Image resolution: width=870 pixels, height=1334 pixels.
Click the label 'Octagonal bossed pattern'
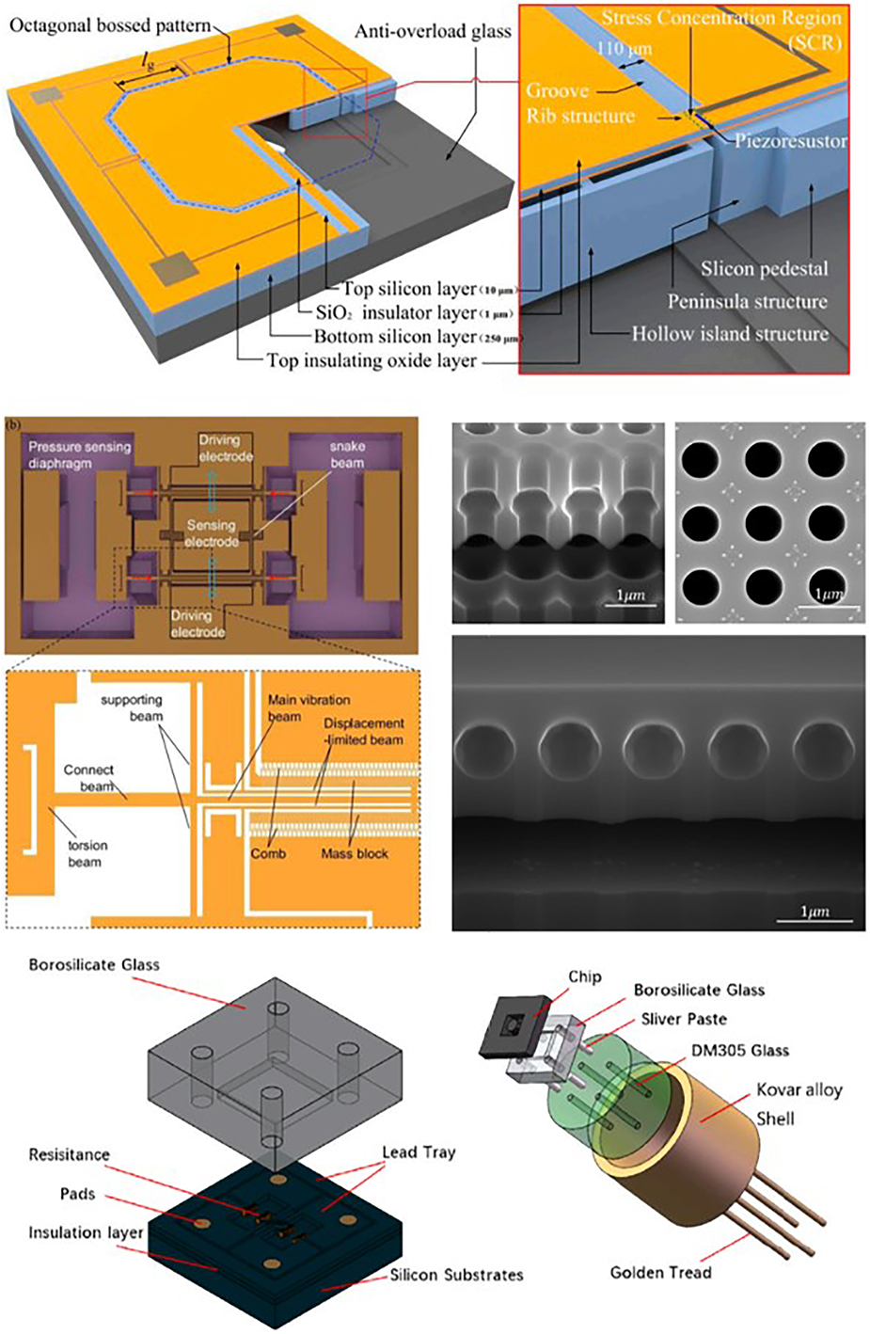110,25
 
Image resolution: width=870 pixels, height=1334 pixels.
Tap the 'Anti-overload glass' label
433,32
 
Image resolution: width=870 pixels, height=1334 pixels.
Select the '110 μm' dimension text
624,49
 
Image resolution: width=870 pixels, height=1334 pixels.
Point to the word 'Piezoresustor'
791,141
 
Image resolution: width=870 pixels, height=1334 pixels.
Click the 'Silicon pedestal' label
765,269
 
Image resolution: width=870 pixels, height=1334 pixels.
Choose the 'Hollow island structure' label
730,334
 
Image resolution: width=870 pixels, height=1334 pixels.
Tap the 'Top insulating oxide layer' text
372,359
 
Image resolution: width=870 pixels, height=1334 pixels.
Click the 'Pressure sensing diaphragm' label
80,454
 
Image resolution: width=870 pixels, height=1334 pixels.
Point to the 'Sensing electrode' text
212,533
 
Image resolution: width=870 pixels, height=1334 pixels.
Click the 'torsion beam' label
84,853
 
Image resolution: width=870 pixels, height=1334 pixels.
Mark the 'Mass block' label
355,853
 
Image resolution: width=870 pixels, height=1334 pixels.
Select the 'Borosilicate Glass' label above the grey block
94,965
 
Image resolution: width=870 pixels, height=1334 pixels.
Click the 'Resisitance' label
69,1155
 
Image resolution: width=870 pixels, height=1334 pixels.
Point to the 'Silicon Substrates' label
456,1276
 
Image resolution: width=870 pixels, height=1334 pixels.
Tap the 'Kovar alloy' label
799,1090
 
